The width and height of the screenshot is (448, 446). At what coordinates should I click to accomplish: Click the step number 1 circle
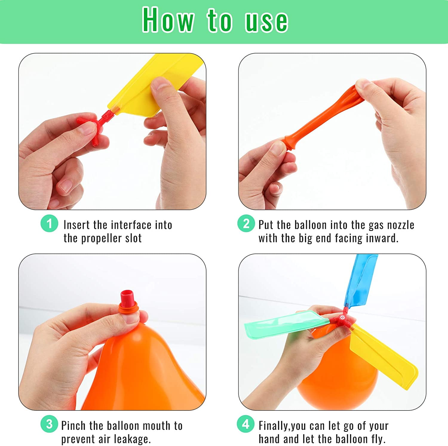point(49,224)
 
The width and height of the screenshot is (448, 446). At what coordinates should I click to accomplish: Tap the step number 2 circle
point(246,224)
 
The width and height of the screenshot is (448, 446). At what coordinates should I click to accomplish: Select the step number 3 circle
point(49,424)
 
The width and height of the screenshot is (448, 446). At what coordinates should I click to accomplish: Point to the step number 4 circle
point(246,424)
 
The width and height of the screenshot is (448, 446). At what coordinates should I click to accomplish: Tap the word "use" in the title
point(266,21)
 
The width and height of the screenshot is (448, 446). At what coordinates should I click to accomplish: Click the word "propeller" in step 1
point(102,238)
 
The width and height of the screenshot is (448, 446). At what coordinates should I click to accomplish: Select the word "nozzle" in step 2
point(401,225)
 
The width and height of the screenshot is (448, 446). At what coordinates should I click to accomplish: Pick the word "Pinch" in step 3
point(73,425)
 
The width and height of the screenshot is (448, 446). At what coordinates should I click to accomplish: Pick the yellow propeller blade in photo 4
point(384,357)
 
